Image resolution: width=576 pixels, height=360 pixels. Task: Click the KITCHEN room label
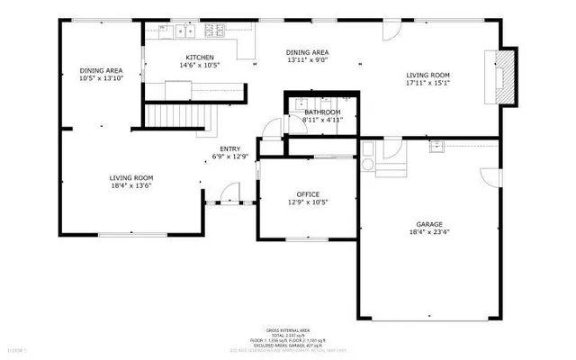(x=200, y=58)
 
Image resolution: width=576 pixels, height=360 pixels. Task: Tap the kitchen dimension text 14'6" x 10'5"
(x=200, y=66)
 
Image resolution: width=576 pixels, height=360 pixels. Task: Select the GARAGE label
(x=428, y=224)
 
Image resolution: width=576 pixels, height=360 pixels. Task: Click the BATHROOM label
(x=321, y=111)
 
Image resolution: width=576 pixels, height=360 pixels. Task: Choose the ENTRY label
(x=229, y=148)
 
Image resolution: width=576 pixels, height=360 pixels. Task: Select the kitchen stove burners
(x=215, y=31)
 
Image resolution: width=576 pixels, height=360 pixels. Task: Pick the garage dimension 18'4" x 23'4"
(x=428, y=232)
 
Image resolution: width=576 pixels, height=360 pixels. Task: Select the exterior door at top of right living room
(x=391, y=30)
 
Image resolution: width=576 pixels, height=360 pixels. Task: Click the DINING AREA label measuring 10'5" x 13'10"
(x=101, y=70)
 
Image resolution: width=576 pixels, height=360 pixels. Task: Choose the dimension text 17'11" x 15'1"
(x=427, y=84)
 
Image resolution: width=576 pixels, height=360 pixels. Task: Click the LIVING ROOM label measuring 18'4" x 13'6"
(x=130, y=178)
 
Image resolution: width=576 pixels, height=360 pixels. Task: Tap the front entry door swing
(x=230, y=192)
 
